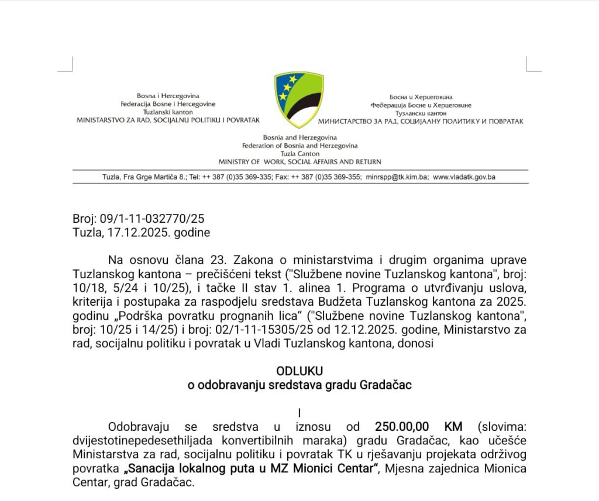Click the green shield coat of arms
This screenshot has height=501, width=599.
(299, 99)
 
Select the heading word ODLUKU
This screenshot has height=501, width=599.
(299, 371)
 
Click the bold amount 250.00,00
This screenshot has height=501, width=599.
(403, 426)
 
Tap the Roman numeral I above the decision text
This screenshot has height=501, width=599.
(299, 413)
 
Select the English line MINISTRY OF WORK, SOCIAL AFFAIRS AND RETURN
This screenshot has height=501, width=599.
(299, 162)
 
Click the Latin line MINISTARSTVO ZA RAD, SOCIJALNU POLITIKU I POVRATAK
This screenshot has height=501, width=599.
(168, 120)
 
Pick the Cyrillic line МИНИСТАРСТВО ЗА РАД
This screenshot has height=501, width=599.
(421, 122)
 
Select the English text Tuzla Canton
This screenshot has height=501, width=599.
(299, 154)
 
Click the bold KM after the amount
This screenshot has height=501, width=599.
(453, 426)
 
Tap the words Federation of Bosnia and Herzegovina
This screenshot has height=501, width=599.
(299, 146)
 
